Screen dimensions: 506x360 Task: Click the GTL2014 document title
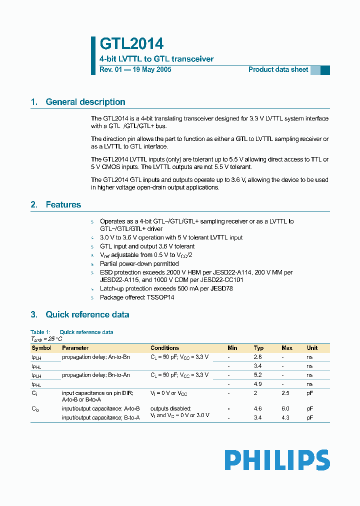pyautogui.click(x=131, y=44)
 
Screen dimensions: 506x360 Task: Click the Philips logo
pyautogui.click(x=276, y=460)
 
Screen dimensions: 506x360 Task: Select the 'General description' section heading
pyautogui.click(x=85, y=102)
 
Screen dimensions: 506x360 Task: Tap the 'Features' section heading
pyautogui.click(x=63, y=204)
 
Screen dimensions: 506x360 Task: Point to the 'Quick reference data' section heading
pyautogui.click(x=87, y=314)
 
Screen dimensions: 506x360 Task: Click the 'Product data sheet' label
pyautogui.click(x=278, y=69)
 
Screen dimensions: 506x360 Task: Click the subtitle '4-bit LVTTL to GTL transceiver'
pyautogui.click(x=156, y=59)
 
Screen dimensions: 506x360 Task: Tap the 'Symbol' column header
pyautogui.click(x=41, y=348)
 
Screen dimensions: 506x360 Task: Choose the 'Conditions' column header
pyautogui.click(x=164, y=348)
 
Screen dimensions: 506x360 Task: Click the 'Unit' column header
pyautogui.click(x=312, y=348)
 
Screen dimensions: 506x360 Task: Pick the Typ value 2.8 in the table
pyautogui.click(x=258, y=357)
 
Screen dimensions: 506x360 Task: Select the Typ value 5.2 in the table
pyautogui.click(x=258, y=375)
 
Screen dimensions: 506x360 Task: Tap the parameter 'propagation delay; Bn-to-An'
pyautogui.click(x=95, y=375)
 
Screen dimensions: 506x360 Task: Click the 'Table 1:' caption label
pyautogui.click(x=40, y=332)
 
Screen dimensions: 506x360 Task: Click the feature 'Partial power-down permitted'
pyautogui.click(x=139, y=263)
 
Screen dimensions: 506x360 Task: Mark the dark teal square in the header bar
pyautogui.click(x=325, y=70)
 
